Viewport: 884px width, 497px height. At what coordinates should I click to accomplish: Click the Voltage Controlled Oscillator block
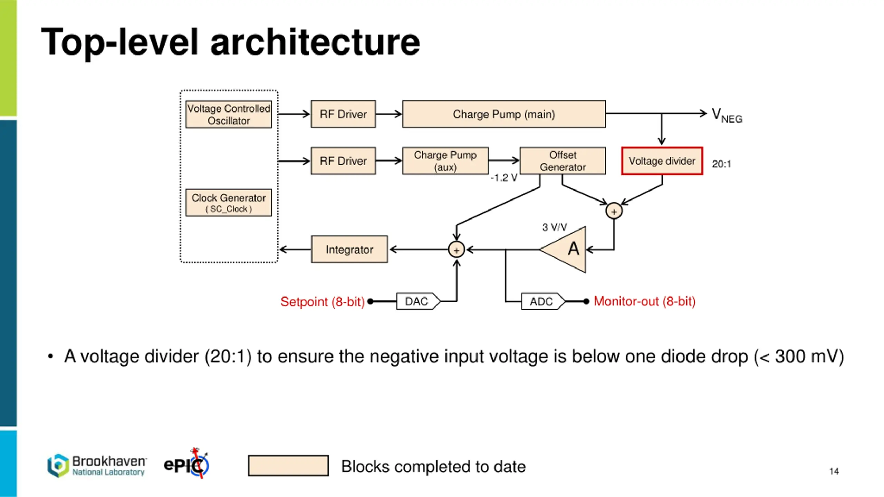click(x=229, y=114)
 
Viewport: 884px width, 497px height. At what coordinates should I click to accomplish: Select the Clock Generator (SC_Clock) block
click(x=229, y=203)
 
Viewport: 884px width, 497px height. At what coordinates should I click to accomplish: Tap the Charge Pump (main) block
click(x=504, y=114)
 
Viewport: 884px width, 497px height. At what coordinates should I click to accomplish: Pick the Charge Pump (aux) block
click(x=445, y=161)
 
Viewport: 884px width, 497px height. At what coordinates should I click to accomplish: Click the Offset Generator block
click(x=563, y=161)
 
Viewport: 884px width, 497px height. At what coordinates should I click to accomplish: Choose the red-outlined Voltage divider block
click(x=662, y=161)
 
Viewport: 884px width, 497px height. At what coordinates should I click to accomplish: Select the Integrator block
click(x=349, y=249)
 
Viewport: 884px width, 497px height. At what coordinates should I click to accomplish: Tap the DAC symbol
click(x=418, y=301)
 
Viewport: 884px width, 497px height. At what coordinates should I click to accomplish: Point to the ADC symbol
click(x=543, y=301)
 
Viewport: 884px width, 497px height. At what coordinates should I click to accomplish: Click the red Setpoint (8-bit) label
click(x=323, y=302)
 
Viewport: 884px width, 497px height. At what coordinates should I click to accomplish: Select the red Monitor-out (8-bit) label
click(x=644, y=302)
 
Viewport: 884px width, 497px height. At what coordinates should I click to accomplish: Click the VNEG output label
click(x=727, y=115)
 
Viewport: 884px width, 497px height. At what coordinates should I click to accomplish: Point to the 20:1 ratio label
click(x=721, y=164)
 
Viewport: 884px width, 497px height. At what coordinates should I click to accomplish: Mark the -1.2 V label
click(x=504, y=178)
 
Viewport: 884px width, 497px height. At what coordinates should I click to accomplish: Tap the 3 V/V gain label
click(x=555, y=227)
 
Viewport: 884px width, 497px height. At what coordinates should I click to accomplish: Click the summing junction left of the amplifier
click(x=456, y=250)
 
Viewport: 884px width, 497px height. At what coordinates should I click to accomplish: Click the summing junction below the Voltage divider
click(x=614, y=211)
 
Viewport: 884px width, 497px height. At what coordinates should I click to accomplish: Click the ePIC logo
click(x=186, y=463)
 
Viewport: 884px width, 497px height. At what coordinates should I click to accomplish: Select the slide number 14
click(x=834, y=471)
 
